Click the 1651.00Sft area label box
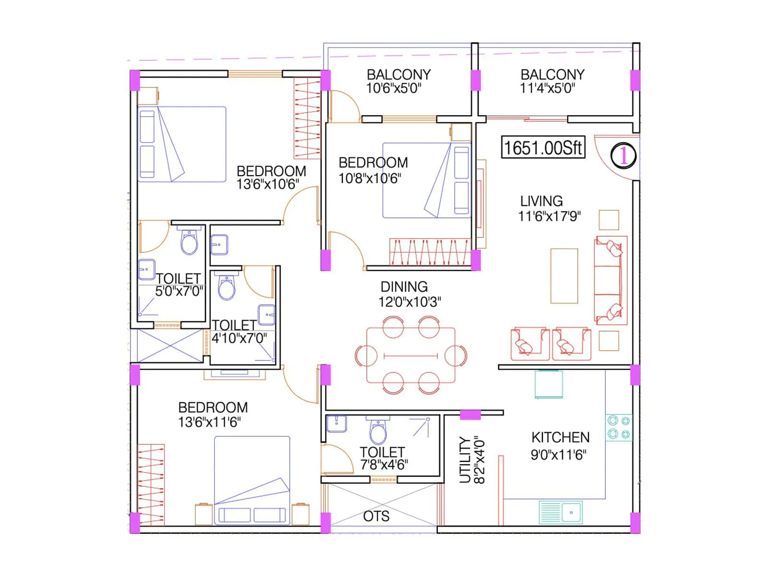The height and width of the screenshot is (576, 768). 543,147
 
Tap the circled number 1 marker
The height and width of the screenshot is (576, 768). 623,156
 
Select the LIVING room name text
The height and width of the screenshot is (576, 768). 541,201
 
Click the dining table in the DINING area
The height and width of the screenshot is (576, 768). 411,355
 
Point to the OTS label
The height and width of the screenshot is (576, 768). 376,516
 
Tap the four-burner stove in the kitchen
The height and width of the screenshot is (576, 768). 618,428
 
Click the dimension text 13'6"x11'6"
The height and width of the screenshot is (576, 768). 209,422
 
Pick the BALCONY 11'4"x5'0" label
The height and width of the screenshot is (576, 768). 552,81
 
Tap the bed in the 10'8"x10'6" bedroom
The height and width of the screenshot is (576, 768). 426,180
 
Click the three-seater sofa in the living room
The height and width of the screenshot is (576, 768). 610,280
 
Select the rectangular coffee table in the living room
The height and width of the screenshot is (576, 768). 564,276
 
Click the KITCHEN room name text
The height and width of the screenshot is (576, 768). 560,438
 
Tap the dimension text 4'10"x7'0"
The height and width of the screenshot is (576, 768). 239,338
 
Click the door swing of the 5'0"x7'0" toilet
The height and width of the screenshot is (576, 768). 153,237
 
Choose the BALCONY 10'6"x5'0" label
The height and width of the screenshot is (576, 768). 398,81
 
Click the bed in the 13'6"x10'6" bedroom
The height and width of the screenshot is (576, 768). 182,144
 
